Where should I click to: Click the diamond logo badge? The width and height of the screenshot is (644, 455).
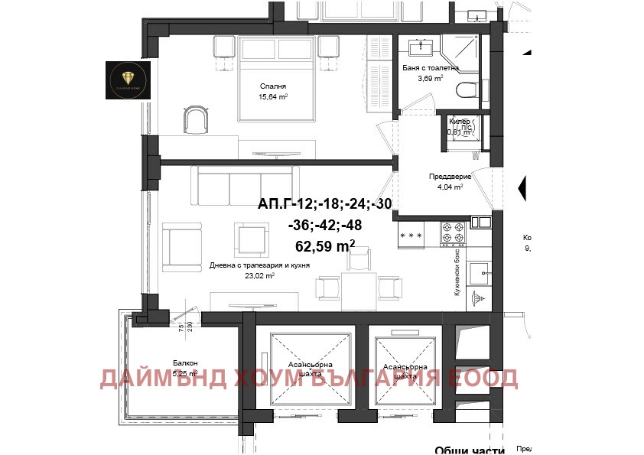[128, 80]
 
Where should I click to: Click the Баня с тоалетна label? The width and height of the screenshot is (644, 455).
[431, 67]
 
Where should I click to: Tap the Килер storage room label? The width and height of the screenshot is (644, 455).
[460, 121]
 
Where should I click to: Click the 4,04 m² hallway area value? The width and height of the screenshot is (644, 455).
[450, 187]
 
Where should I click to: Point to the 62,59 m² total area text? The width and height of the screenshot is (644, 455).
[325, 245]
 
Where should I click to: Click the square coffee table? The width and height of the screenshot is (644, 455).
[251, 239]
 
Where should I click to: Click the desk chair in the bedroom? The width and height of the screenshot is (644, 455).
[196, 119]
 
